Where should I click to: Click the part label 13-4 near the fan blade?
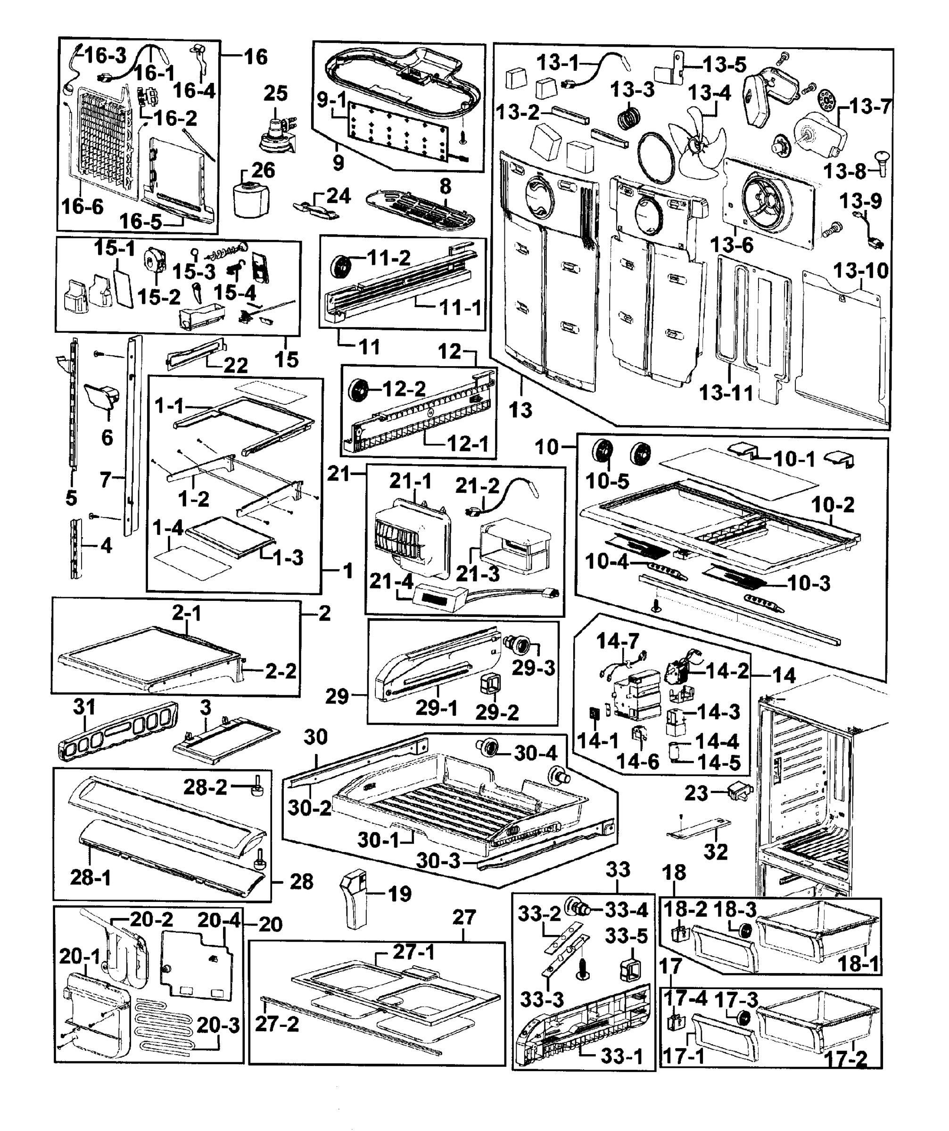click(709, 93)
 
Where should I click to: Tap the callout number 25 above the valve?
click(275, 93)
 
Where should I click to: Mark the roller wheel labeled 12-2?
click(358, 389)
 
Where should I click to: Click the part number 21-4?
click(391, 581)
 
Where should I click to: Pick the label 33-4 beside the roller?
click(626, 910)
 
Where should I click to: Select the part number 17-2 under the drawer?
click(846, 1059)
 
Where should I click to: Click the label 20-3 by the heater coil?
click(218, 1025)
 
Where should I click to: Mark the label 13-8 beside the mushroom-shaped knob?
click(844, 172)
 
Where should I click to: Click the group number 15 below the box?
click(286, 359)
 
